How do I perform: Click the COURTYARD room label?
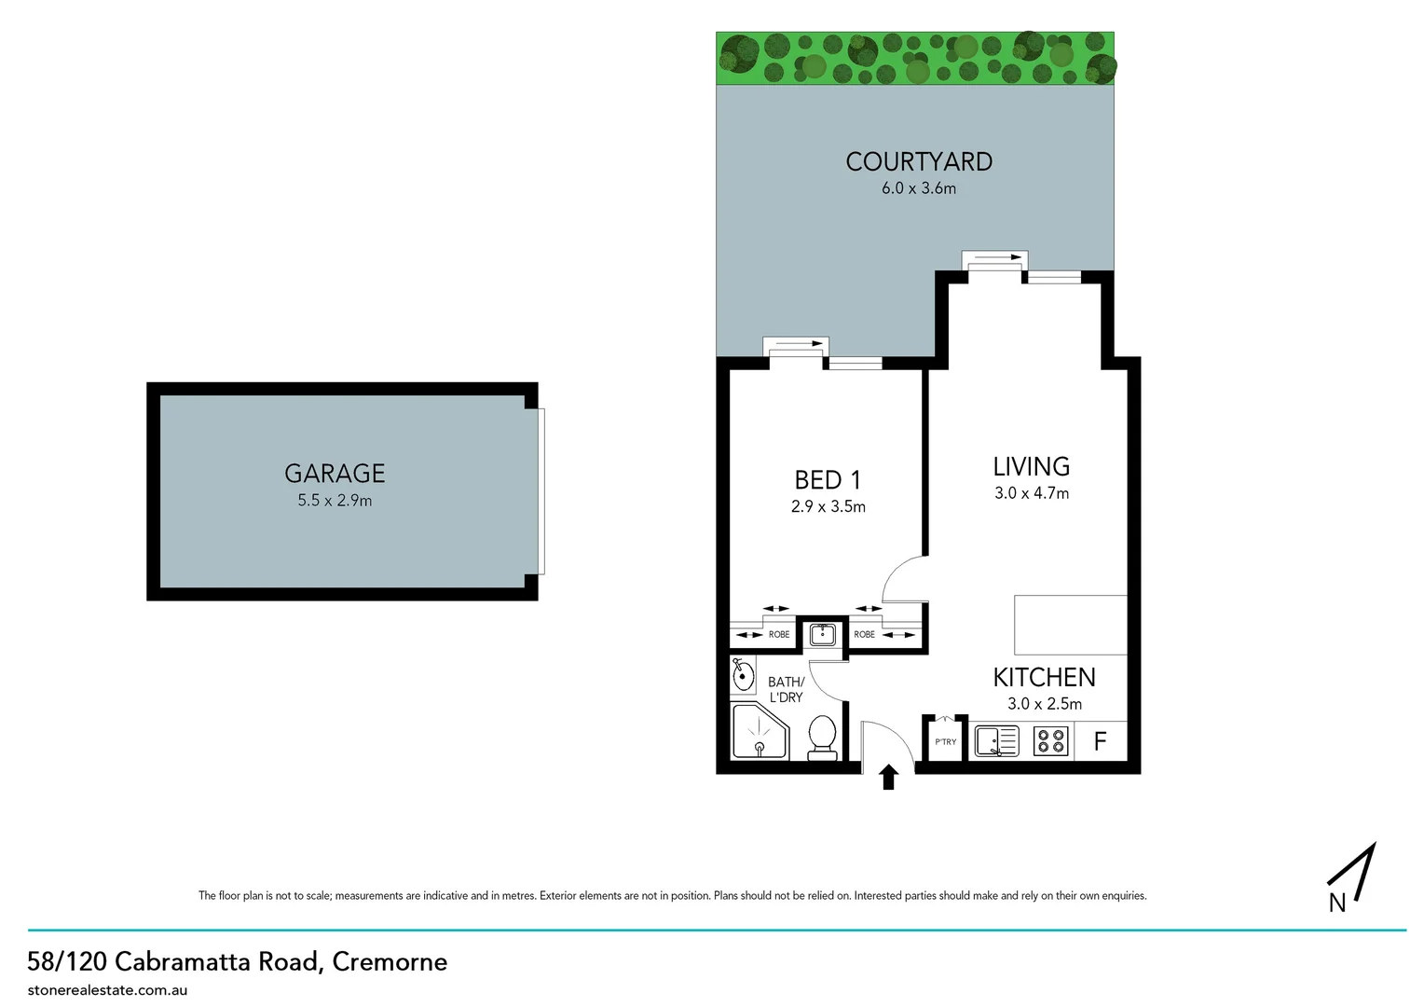pyautogui.click(x=918, y=161)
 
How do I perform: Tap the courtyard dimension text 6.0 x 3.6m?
pyautogui.click(x=918, y=188)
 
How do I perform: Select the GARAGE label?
pyautogui.click(x=335, y=473)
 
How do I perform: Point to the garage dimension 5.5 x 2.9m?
pyautogui.click(x=335, y=501)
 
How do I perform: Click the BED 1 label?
pyautogui.click(x=828, y=479)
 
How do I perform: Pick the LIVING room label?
pyautogui.click(x=1031, y=466)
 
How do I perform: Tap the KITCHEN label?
pyautogui.click(x=1044, y=677)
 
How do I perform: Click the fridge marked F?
pyautogui.click(x=1100, y=741)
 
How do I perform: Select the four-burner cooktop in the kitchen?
pyautogui.click(x=1050, y=741)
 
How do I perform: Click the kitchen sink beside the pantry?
pyautogui.click(x=996, y=741)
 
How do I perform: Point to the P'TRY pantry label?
pyautogui.click(x=945, y=742)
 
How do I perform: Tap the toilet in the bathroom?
pyautogui.click(x=821, y=737)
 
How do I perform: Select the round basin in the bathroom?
pyautogui.click(x=743, y=674)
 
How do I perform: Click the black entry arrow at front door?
pyautogui.click(x=888, y=777)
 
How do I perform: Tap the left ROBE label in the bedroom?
pyautogui.click(x=778, y=635)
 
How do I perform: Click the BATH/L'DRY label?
pyautogui.click(x=786, y=690)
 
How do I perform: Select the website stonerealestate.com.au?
pyautogui.click(x=107, y=990)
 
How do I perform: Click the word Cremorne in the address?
pyautogui.click(x=390, y=961)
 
